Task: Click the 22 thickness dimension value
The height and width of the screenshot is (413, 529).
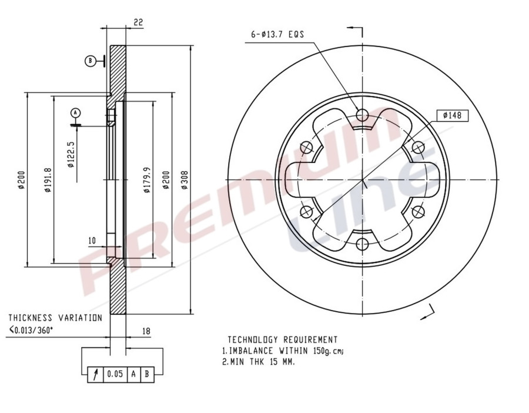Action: [139, 22]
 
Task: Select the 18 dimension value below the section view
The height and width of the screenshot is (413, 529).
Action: [146, 331]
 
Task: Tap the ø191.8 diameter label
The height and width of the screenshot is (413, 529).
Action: [48, 180]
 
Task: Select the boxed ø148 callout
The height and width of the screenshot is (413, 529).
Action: [452, 115]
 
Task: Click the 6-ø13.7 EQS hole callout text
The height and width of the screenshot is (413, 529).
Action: [277, 35]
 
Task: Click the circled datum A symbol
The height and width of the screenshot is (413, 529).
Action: [75, 112]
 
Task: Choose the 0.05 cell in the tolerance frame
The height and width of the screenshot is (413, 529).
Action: [115, 374]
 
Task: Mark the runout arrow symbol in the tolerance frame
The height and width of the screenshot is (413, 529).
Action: [95, 374]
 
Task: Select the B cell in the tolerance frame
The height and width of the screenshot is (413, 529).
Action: [146, 374]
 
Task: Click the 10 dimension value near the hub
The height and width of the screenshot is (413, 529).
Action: [92, 241]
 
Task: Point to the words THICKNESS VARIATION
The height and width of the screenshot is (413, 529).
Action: [55, 318]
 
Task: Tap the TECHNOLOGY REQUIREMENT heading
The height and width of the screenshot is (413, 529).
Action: [282, 339]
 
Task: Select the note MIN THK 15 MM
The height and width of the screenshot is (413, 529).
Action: [259, 362]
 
